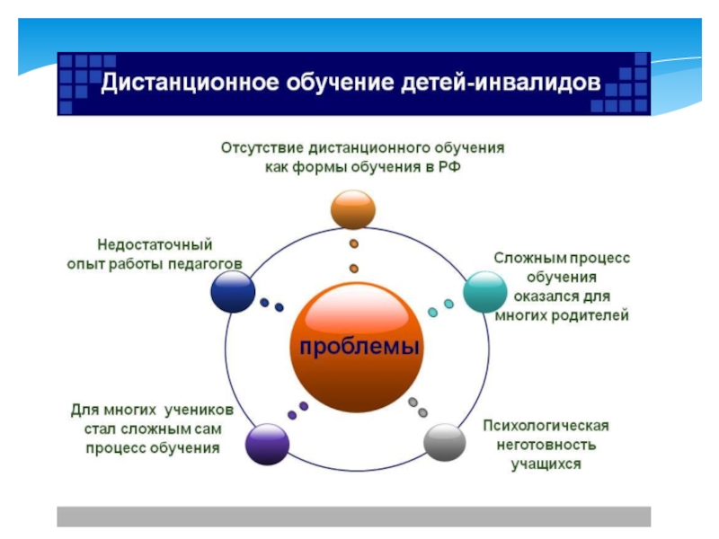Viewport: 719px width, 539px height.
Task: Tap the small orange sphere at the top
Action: click(353, 209)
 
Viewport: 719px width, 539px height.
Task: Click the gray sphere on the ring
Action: click(444, 443)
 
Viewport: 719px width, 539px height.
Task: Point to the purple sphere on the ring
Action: click(267, 443)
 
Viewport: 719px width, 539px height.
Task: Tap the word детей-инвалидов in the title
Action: click(509, 84)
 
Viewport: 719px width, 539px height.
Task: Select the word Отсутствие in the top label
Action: click(262, 146)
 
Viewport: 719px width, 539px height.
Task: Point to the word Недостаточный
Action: click(155, 243)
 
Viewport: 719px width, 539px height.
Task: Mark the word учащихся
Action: click(546, 464)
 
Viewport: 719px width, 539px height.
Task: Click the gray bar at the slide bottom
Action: click(353, 516)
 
